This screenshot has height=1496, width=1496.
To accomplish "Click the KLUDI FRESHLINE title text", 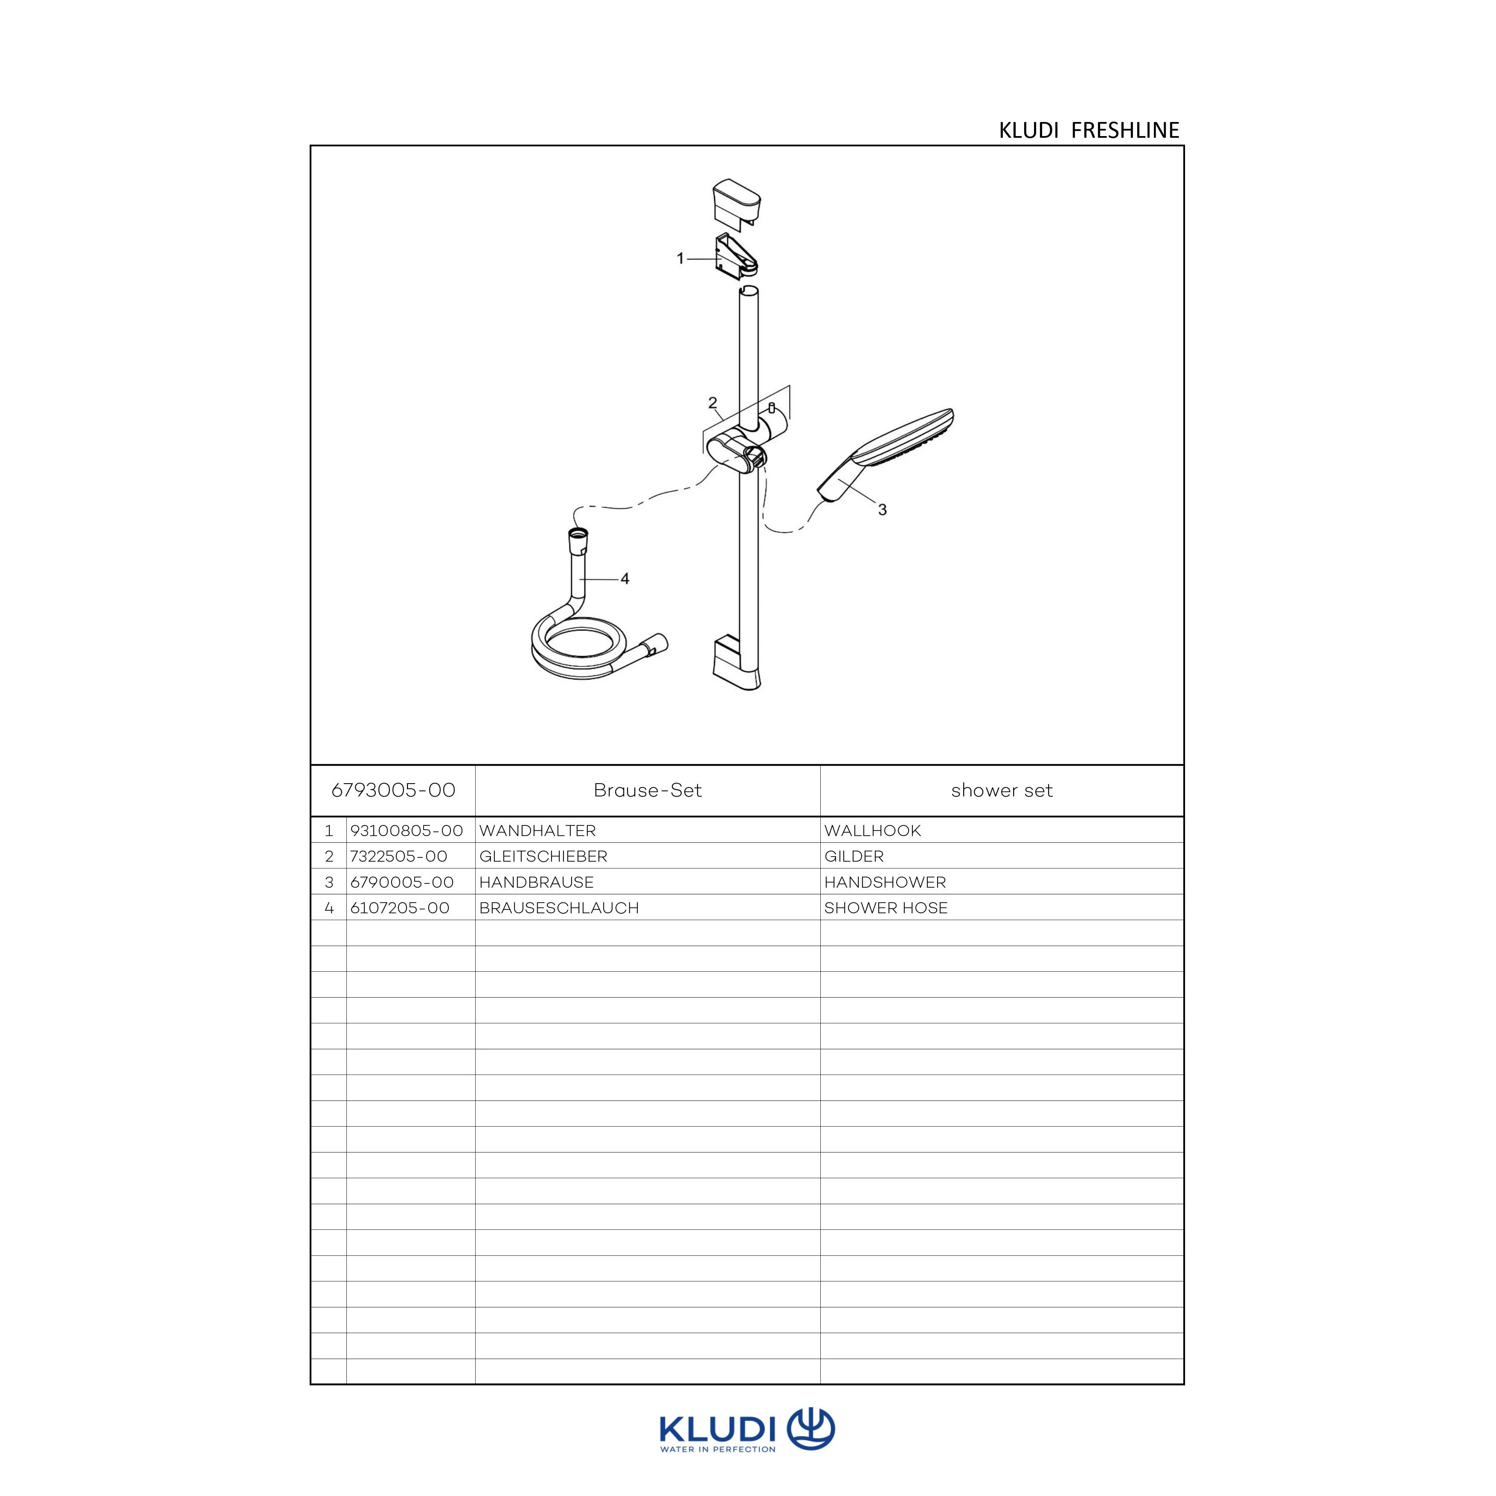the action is click(1089, 130).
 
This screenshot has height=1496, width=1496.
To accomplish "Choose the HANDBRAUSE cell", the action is click(537, 882).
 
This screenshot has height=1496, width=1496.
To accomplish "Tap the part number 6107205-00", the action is click(400, 907).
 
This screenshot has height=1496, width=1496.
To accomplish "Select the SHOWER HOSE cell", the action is click(886, 907).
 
